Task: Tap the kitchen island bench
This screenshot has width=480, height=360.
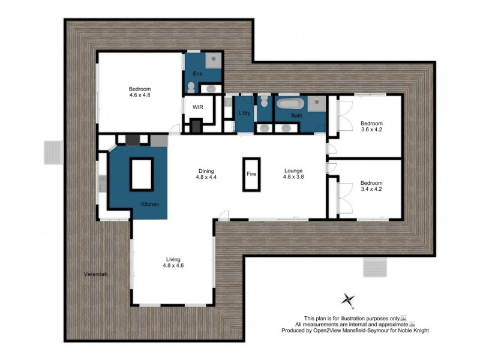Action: click(142, 174)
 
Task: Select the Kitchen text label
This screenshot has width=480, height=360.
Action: click(150, 205)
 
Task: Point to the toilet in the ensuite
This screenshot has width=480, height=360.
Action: click(191, 88)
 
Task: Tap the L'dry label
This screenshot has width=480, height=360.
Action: click(244, 113)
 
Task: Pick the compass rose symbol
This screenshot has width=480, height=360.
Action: click(348, 299)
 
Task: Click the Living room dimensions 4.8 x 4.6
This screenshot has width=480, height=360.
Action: click(172, 265)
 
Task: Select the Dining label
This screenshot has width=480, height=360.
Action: click(206, 170)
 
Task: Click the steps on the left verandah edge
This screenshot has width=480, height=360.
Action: click(53, 152)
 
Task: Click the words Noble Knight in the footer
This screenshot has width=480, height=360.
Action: click(412, 331)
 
